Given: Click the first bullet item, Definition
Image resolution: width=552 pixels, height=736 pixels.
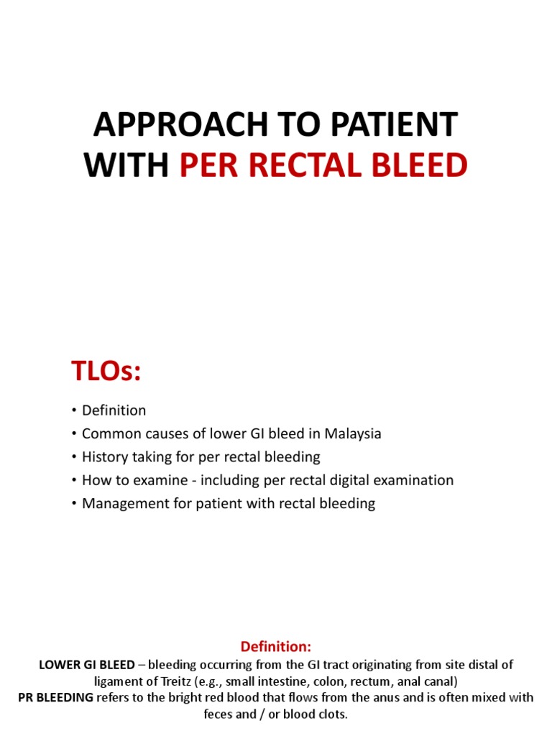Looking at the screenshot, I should pyautogui.click(x=114, y=410).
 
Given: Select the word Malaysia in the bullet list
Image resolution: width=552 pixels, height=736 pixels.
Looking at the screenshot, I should pyautogui.click(x=352, y=433).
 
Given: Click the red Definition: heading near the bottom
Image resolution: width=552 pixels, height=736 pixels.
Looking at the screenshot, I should pyautogui.click(x=275, y=646).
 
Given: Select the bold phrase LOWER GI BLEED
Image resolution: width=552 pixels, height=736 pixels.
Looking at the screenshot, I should pyautogui.click(x=87, y=664).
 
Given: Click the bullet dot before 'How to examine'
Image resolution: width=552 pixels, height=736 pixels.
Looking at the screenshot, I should pyautogui.click(x=74, y=480).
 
